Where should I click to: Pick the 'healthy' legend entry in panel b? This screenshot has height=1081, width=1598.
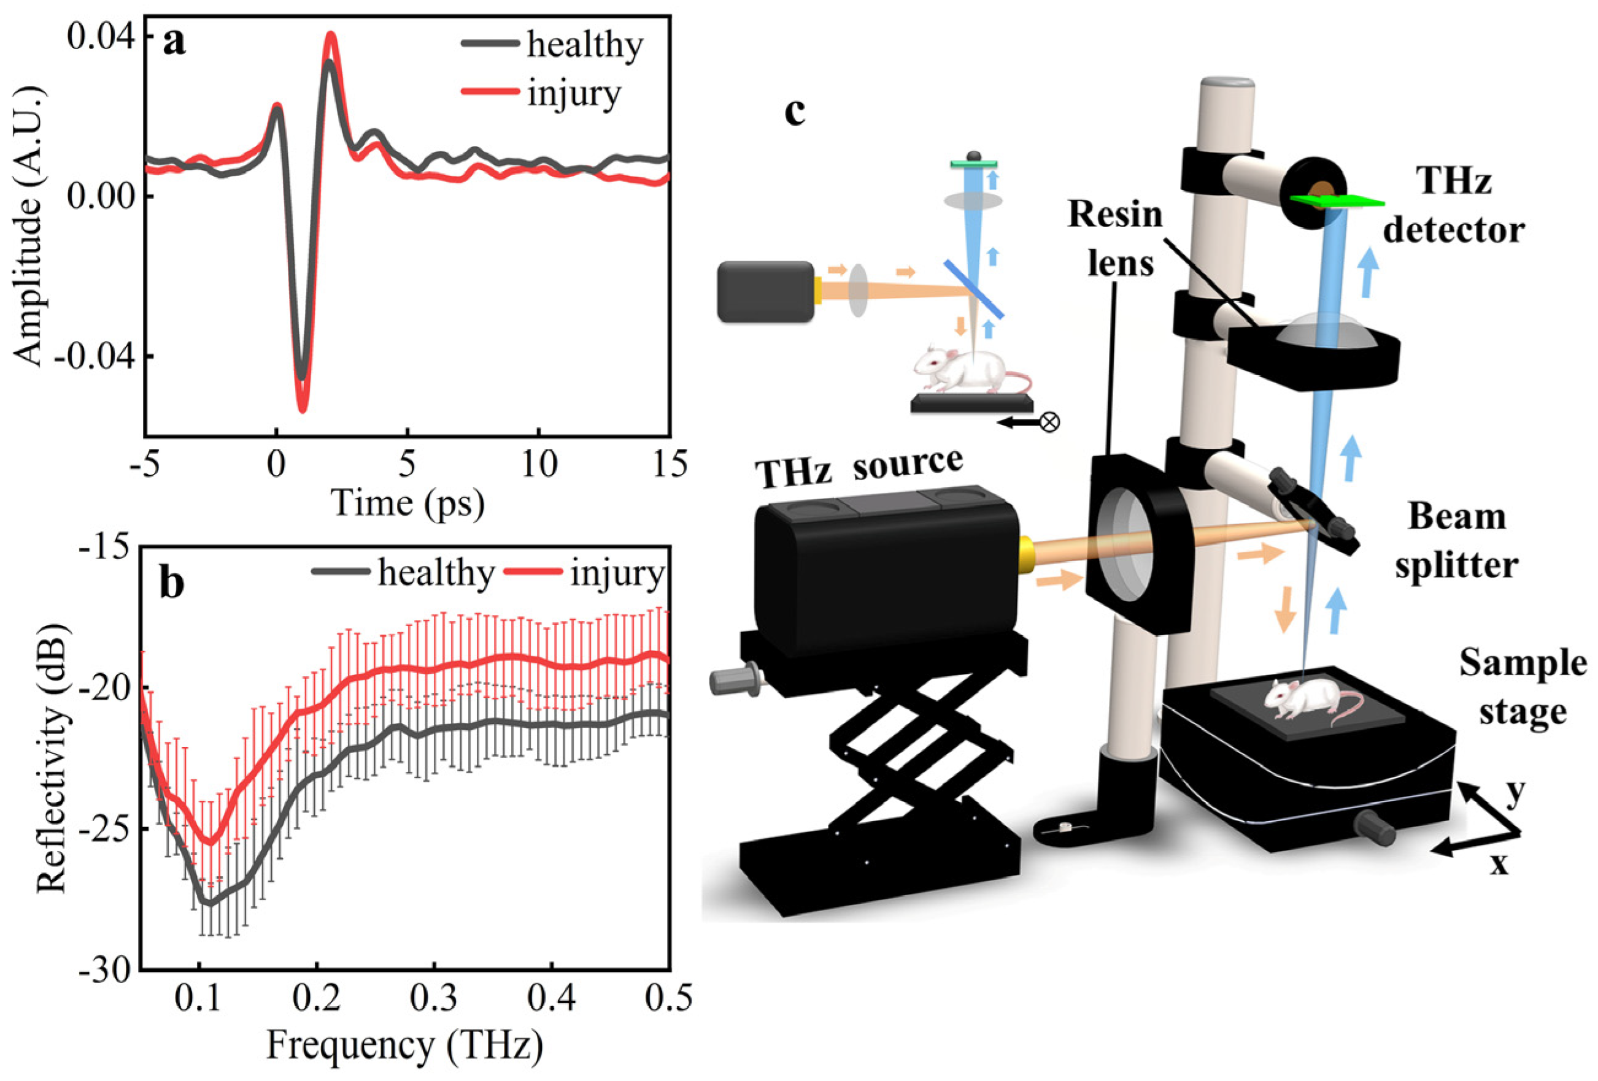(x=435, y=573)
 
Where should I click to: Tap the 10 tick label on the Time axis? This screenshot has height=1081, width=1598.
(x=538, y=465)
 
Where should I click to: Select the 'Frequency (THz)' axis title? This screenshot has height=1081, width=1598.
(x=404, y=1045)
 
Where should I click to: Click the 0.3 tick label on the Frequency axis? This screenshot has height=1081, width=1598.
(x=433, y=999)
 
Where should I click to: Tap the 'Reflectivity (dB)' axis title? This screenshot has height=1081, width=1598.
(x=52, y=758)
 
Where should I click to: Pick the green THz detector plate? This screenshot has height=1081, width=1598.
(x=1336, y=200)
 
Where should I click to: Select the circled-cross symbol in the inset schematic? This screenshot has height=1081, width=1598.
(x=1049, y=422)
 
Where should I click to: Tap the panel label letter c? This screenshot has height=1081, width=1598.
(x=795, y=112)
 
